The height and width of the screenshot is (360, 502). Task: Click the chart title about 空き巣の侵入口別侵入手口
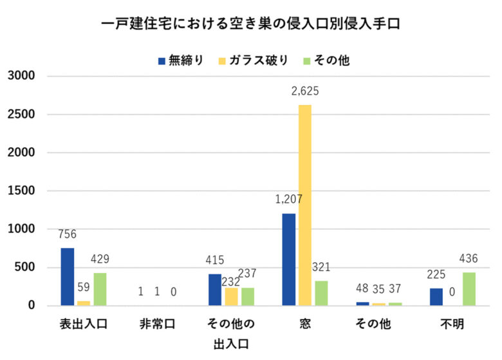click(252, 24)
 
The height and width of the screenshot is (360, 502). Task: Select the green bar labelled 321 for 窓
click(321, 293)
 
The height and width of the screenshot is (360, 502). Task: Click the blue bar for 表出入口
click(68, 277)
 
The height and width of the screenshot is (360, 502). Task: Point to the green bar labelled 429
click(100, 289)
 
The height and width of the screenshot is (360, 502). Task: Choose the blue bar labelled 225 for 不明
click(436, 296)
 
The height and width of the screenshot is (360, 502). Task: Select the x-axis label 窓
click(305, 324)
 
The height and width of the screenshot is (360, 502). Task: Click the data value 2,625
click(305, 91)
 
